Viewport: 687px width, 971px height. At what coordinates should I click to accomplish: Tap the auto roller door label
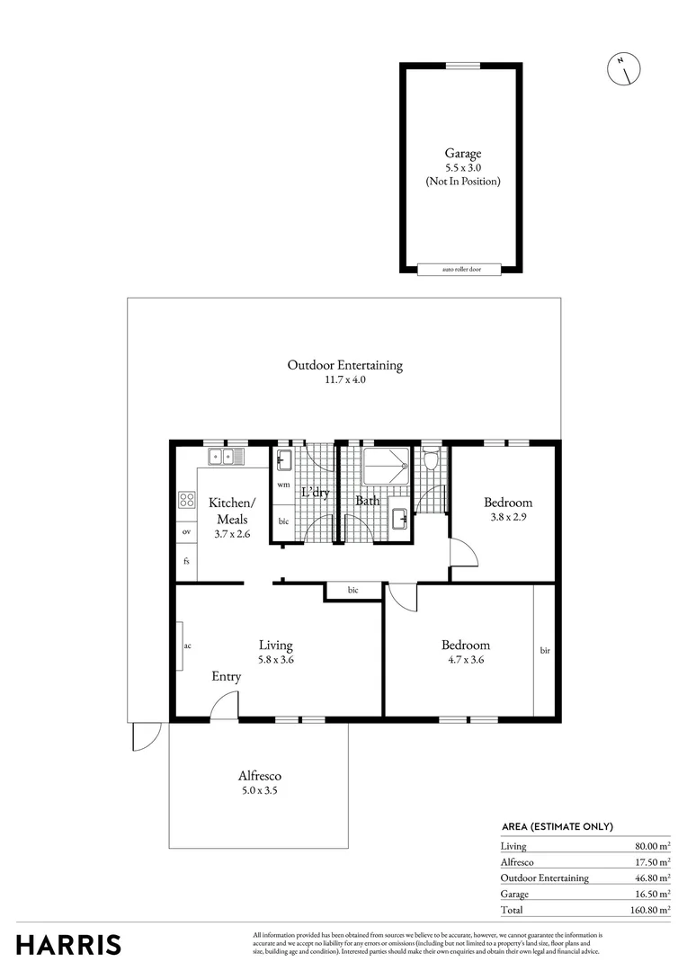point(459,269)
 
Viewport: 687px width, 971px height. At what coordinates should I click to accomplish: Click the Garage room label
point(462,154)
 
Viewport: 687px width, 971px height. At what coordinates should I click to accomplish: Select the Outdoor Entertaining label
point(344,365)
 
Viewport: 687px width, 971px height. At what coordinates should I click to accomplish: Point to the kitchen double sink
point(222,458)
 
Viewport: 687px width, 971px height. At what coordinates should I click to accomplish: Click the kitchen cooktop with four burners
point(187,499)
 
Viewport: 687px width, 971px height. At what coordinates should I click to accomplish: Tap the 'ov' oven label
point(186,531)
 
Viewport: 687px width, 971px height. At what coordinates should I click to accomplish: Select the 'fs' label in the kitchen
point(186,561)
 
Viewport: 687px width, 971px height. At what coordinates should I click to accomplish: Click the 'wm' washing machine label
point(282,485)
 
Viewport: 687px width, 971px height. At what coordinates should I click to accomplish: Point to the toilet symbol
point(431,460)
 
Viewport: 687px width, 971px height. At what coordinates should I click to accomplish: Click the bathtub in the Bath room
point(386,467)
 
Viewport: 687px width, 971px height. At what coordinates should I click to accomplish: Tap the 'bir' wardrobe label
point(545,650)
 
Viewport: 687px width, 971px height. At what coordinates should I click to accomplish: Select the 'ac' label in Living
point(187,646)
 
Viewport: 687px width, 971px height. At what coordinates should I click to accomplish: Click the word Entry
point(226,676)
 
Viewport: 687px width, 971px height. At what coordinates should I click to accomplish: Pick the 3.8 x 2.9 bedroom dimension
point(507,517)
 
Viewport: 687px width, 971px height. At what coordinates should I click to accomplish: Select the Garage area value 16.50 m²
point(652,894)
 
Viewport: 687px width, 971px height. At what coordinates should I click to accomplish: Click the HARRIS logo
point(68,945)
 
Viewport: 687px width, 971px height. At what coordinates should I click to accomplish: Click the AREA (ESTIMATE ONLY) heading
point(557,826)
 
